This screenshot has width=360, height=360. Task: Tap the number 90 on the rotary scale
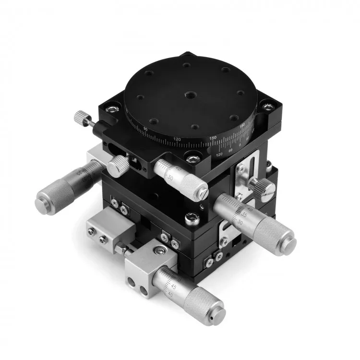(145, 129)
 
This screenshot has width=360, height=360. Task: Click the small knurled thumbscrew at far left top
(80, 117)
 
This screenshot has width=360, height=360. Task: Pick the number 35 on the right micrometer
(245, 215)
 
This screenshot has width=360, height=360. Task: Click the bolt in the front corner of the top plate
(191, 159)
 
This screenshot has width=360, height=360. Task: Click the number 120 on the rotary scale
(177, 140)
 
